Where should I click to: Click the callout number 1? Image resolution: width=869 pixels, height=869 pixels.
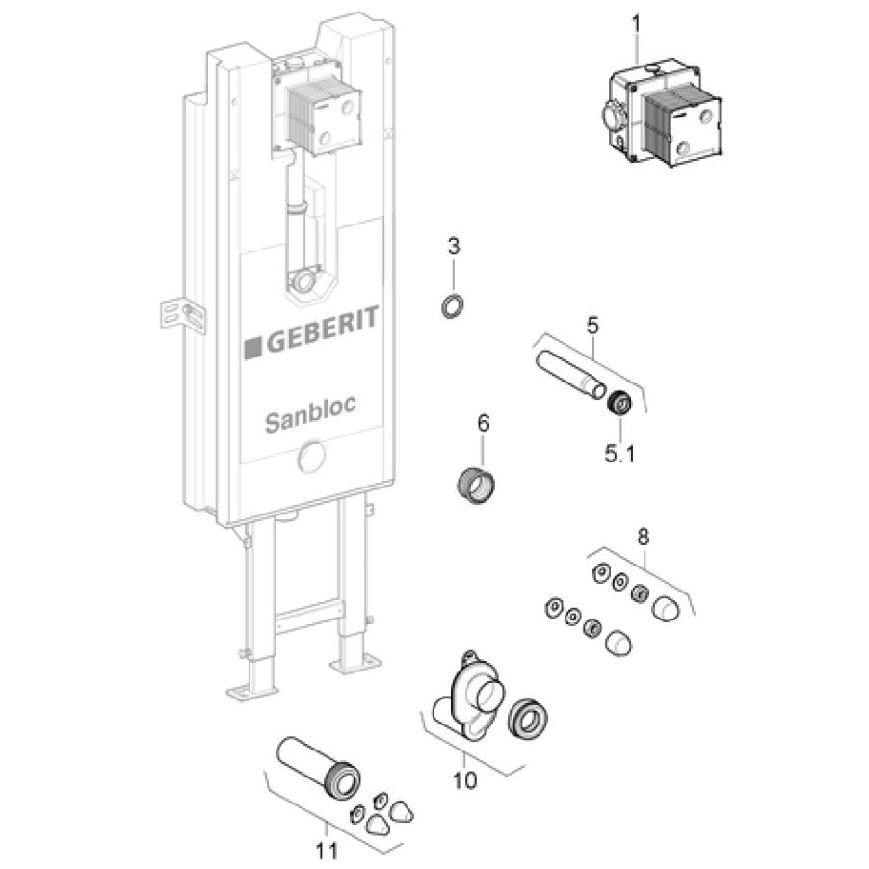[x=636, y=24]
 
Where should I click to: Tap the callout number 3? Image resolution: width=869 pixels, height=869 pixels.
[x=454, y=246]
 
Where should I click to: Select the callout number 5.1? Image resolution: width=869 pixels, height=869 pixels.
[x=619, y=455]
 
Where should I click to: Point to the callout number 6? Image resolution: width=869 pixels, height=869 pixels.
[x=484, y=423]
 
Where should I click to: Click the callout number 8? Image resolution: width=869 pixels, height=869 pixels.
[x=643, y=537]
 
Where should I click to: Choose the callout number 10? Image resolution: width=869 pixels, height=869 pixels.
[x=464, y=779]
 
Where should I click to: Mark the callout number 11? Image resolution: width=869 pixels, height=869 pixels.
[x=326, y=850]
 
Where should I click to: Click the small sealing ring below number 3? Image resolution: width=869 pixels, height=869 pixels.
[x=453, y=306]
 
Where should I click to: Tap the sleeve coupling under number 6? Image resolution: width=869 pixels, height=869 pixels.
[x=476, y=483]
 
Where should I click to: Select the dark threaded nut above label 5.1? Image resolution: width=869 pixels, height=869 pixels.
[x=618, y=403]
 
